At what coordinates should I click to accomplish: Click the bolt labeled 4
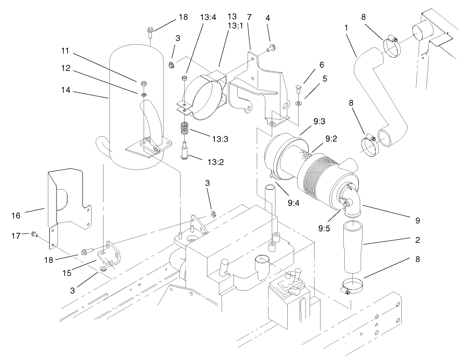click(x=271, y=47)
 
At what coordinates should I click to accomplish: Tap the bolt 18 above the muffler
click(x=150, y=31)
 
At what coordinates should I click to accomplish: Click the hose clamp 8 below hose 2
click(x=352, y=286)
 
